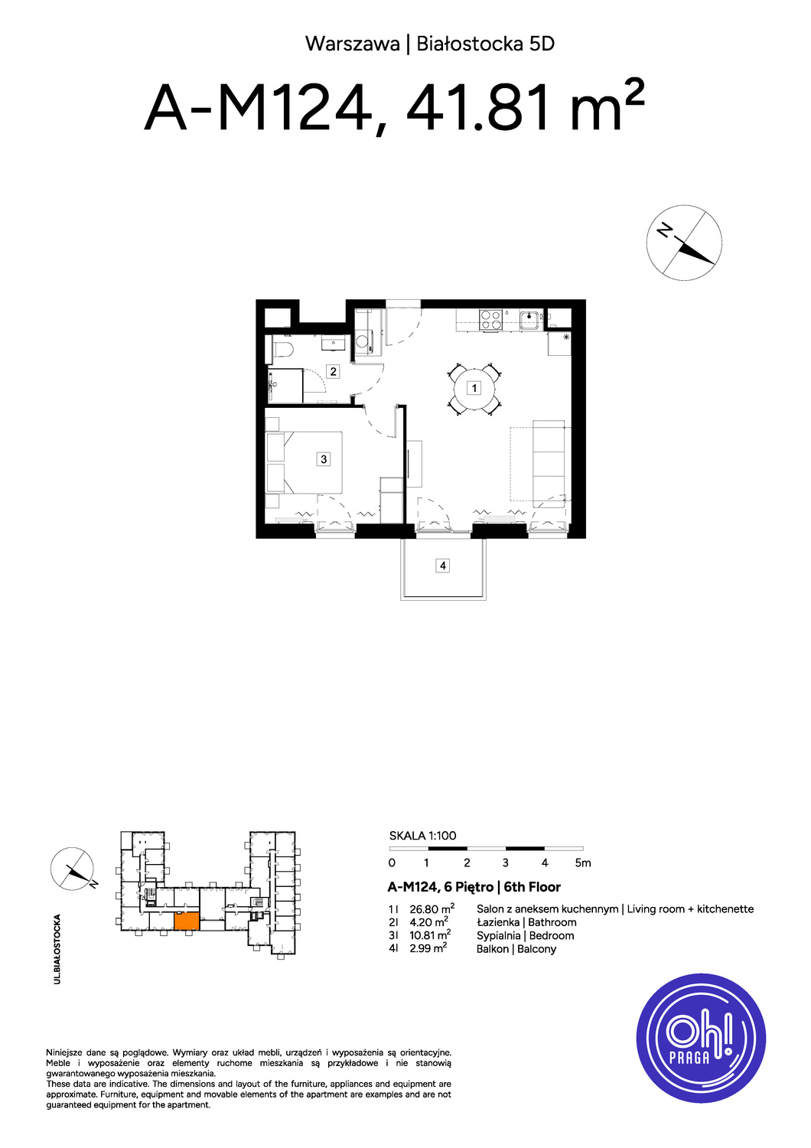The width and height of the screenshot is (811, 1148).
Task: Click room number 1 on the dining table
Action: pyautogui.click(x=474, y=388)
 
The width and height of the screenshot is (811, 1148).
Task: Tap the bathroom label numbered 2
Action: pyautogui.click(x=333, y=371)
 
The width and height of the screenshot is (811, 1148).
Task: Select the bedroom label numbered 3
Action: pyautogui.click(x=324, y=458)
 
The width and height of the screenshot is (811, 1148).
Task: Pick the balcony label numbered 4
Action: pyautogui.click(x=443, y=566)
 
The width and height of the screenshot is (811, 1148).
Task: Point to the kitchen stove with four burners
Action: pyautogui.click(x=491, y=321)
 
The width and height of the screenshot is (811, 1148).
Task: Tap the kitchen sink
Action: pyautogui.click(x=529, y=321)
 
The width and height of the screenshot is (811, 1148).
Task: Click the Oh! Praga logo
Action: pyautogui.click(x=701, y=1039)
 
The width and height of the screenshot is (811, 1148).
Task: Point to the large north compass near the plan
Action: pyautogui.click(x=684, y=243)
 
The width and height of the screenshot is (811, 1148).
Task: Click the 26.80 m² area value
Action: pyautogui.click(x=432, y=908)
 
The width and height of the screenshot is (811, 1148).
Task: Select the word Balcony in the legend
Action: pyautogui.click(x=536, y=949)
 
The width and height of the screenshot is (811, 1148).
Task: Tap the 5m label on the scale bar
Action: pyautogui.click(x=583, y=863)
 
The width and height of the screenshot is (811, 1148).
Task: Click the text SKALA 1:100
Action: pyautogui.click(x=422, y=836)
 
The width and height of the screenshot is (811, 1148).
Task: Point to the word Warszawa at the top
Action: pyautogui.click(x=353, y=44)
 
